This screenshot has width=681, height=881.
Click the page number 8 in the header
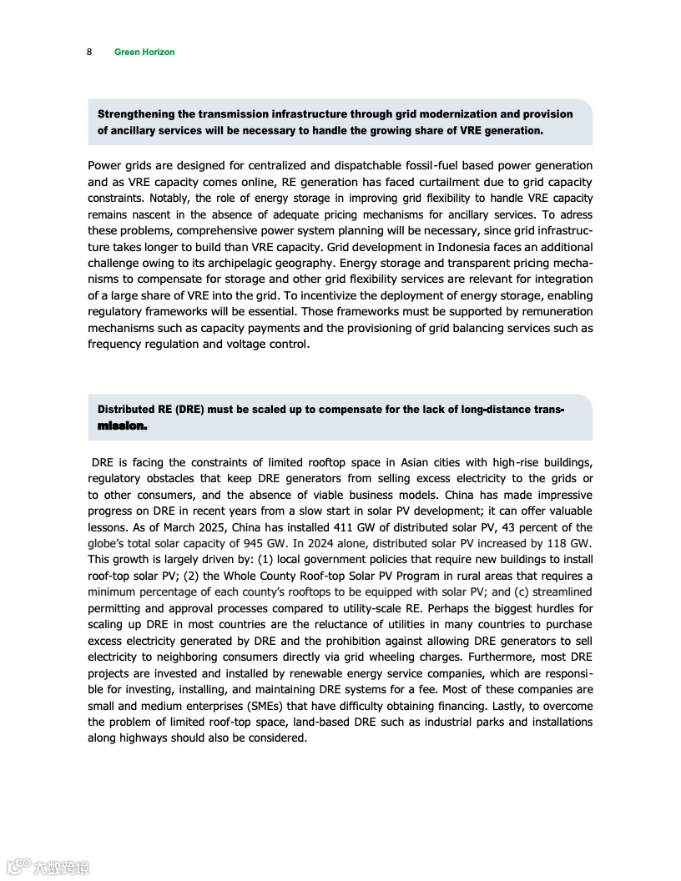89,52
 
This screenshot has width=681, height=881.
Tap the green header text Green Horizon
144,52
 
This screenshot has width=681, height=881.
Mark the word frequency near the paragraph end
113,345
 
